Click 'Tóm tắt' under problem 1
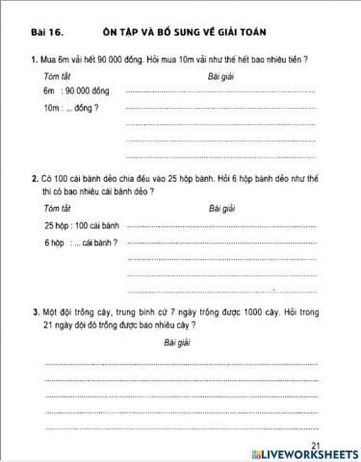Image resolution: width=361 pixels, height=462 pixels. (x=57, y=75)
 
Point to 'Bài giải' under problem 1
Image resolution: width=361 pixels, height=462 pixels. (x=220, y=75)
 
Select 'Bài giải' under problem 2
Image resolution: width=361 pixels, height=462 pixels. (x=221, y=208)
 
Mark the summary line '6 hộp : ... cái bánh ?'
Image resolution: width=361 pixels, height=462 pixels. (x=81, y=243)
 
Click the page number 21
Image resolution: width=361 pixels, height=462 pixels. (x=318, y=444)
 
